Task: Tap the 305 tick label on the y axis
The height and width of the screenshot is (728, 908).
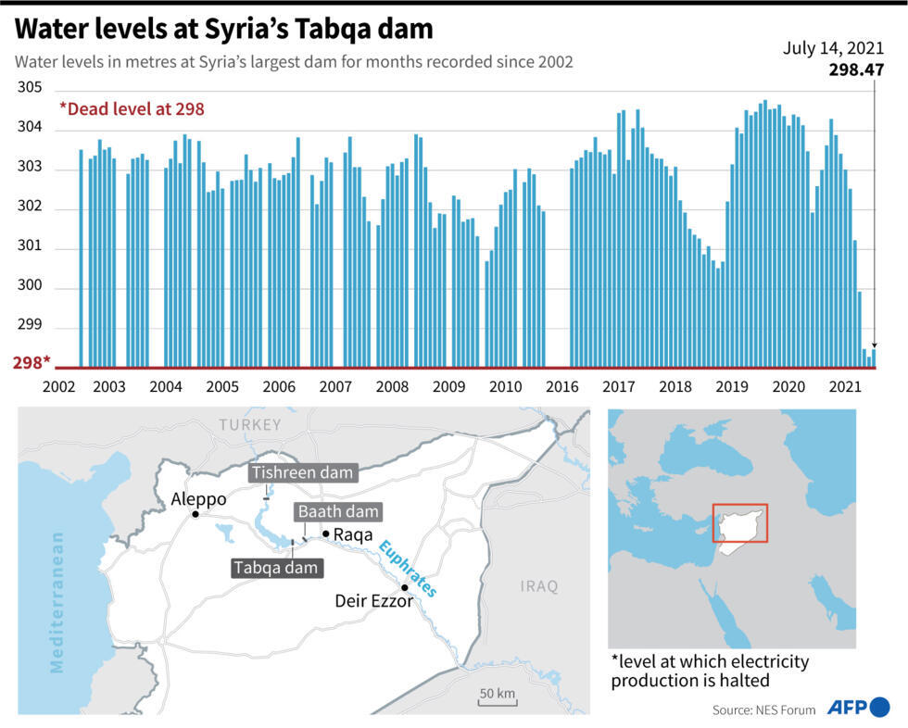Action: point(30,88)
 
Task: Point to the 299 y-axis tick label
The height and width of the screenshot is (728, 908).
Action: point(30,328)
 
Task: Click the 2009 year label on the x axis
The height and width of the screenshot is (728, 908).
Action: point(449,386)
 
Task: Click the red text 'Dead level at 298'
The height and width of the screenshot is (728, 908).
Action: point(132,108)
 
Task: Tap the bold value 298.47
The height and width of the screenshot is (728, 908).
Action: point(855,70)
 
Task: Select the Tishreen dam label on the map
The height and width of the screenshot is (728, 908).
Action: point(303,473)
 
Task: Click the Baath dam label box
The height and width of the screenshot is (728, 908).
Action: point(337,511)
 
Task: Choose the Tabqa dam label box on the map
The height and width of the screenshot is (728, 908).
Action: point(276,567)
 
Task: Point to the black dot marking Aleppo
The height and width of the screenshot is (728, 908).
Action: point(195,514)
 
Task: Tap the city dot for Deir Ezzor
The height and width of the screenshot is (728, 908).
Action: point(404,587)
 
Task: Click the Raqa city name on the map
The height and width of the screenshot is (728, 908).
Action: point(353,534)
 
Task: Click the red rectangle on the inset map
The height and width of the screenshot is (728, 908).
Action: point(739,523)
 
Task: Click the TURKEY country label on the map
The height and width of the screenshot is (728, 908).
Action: point(249,424)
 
